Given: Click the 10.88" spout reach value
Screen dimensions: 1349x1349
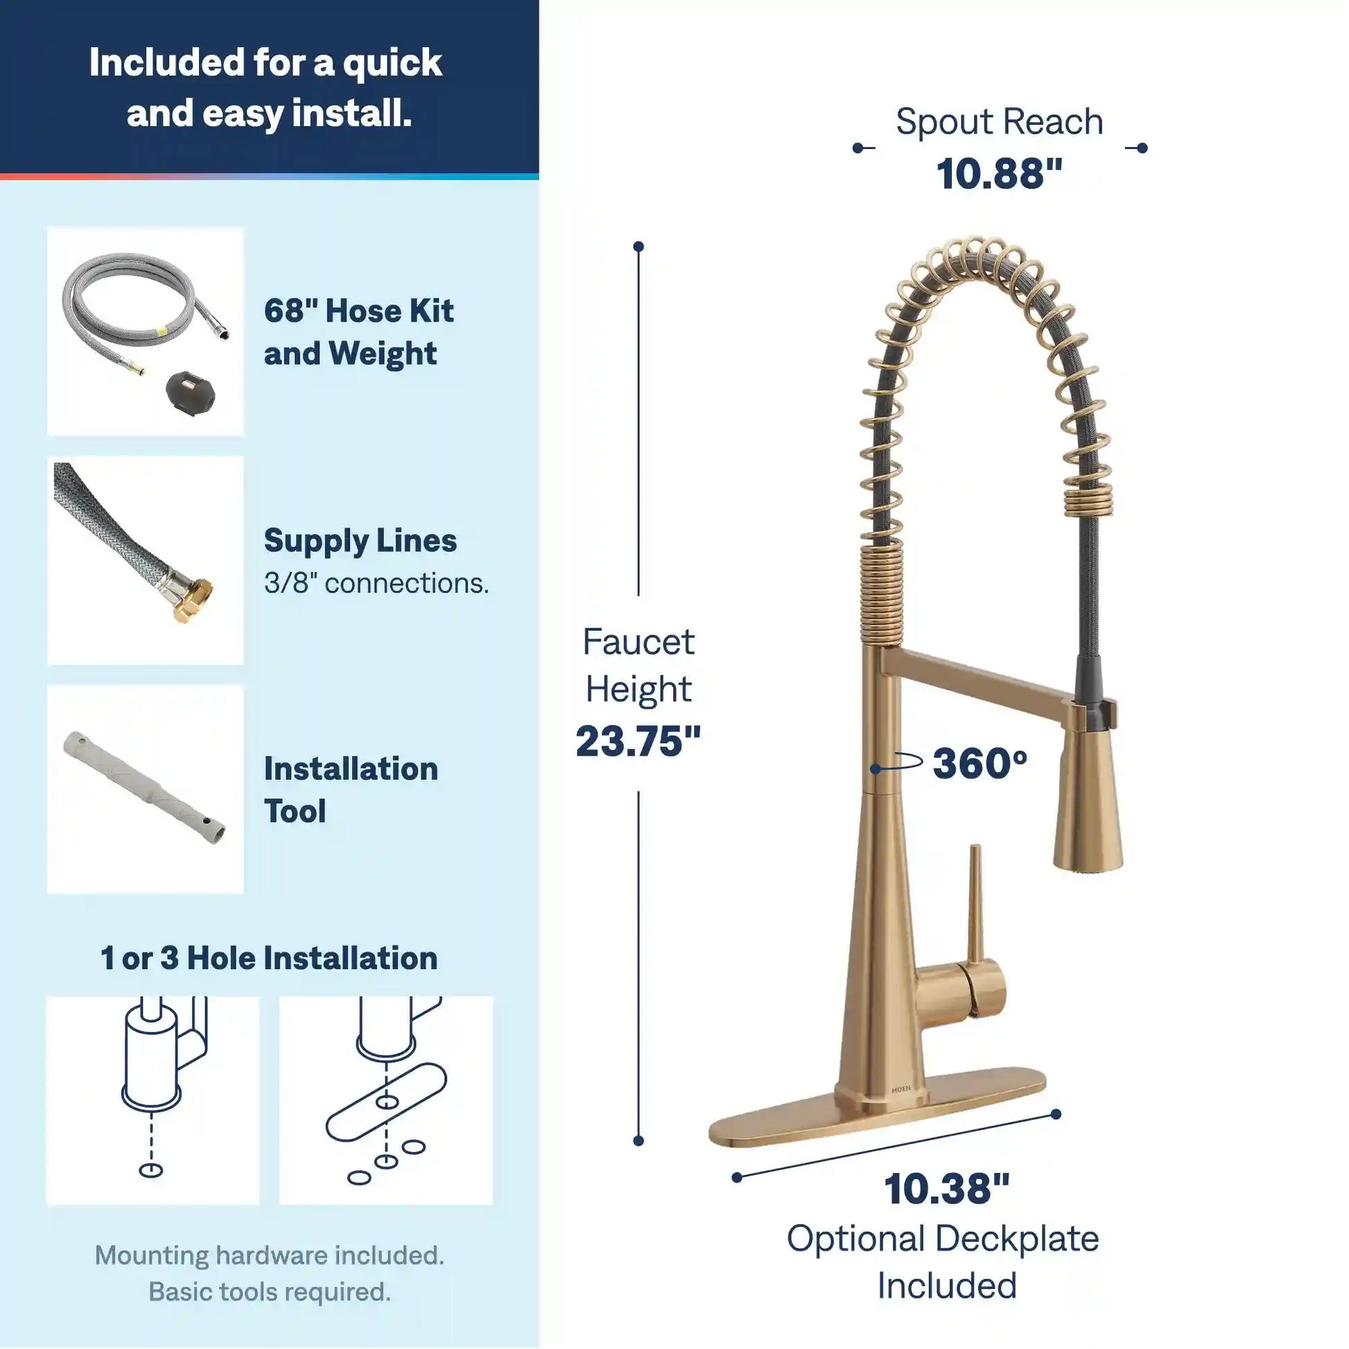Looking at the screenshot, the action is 999,174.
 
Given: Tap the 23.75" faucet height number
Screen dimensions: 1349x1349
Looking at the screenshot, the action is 638,741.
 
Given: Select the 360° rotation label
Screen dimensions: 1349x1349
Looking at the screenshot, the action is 980,763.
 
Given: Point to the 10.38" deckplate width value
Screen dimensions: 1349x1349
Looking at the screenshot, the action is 946,1188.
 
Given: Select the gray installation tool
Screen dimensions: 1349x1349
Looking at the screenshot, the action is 144,787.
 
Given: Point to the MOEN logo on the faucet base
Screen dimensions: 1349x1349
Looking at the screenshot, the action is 900,1088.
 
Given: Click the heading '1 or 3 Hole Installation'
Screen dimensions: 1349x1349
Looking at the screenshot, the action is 269,958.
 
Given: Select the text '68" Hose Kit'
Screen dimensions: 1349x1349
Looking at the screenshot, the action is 359,311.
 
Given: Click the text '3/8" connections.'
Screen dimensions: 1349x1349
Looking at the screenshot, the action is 376,583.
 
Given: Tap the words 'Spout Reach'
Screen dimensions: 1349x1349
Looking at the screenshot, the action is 999,121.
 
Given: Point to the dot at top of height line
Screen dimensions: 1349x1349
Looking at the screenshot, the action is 638,247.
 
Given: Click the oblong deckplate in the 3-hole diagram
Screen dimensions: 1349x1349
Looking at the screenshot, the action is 386,1102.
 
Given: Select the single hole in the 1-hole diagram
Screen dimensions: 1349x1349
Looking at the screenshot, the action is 151,1170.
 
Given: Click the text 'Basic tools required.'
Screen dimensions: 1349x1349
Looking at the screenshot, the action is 270,1291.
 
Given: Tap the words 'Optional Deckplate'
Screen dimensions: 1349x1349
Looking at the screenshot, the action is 943,1239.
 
